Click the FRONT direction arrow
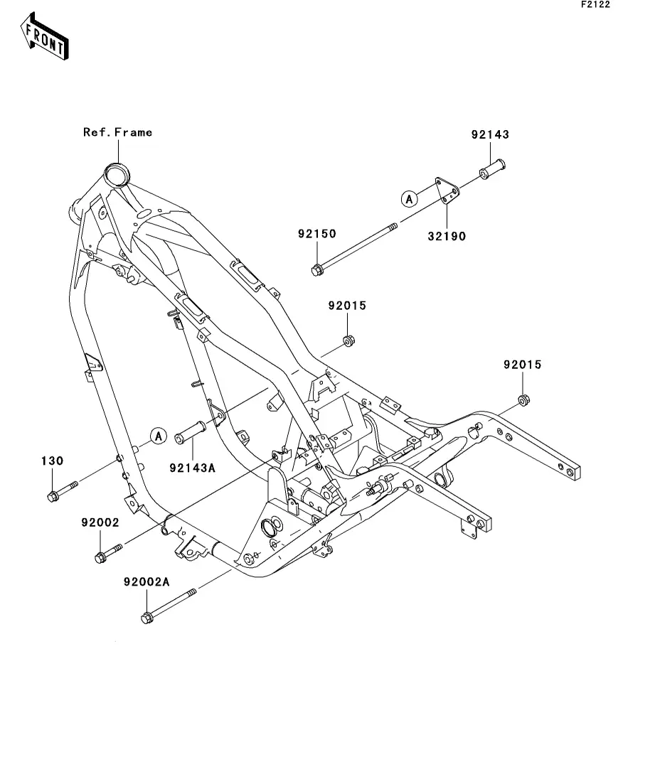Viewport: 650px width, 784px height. pyautogui.click(x=45, y=36)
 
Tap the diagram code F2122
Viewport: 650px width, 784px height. pyautogui.click(x=595, y=4)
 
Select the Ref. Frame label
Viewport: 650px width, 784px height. pyautogui.click(x=117, y=132)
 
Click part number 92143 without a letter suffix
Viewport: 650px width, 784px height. pyautogui.click(x=490, y=134)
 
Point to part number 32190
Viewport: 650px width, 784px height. pyautogui.click(x=447, y=236)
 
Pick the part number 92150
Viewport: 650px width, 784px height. pyautogui.click(x=316, y=234)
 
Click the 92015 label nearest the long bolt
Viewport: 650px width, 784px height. pyautogui.click(x=347, y=306)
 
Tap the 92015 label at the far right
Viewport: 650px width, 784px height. pyautogui.click(x=523, y=365)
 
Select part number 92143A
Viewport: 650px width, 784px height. pyautogui.click(x=192, y=468)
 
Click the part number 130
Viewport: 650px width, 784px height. pyautogui.click(x=52, y=461)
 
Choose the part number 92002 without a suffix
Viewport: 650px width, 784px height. pyautogui.click(x=100, y=522)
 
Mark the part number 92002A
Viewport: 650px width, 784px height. pyautogui.click(x=146, y=582)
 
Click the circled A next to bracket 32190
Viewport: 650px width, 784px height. pyautogui.click(x=410, y=199)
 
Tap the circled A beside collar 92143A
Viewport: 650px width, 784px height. pyautogui.click(x=159, y=436)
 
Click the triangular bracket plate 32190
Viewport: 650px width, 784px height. pyautogui.click(x=447, y=190)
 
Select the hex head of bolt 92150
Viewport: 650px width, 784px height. pyautogui.click(x=316, y=271)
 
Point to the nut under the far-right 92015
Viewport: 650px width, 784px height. pyautogui.click(x=523, y=400)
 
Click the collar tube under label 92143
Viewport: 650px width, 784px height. pyautogui.click(x=492, y=169)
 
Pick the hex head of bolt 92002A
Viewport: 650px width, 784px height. pyautogui.click(x=146, y=618)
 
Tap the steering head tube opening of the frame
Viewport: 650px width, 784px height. pyautogui.click(x=116, y=176)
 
